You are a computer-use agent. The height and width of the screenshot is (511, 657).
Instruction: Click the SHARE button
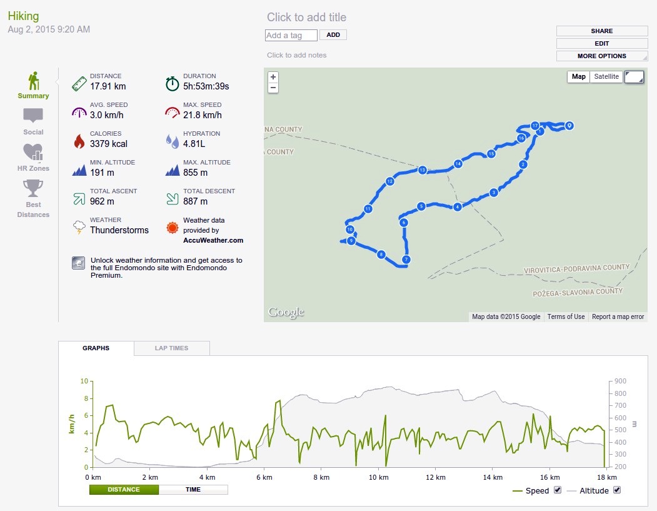tap(602, 31)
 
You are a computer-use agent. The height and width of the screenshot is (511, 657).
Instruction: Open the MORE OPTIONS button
tap(602, 56)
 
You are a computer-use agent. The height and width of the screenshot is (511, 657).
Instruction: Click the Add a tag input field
tap(291, 35)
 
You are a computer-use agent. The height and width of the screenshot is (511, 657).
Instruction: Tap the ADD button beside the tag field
tap(333, 35)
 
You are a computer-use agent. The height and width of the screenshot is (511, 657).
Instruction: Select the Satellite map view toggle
tap(606, 77)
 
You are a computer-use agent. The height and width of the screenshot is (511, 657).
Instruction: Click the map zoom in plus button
tap(273, 77)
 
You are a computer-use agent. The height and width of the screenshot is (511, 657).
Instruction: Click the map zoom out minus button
tap(273, 88)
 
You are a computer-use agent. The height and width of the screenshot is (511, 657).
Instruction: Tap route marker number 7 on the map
tap(406, 260)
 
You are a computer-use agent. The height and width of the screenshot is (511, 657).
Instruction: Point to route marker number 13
tap(423, 169)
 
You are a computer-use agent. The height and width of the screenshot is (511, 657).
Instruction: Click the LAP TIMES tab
tap(171, 348)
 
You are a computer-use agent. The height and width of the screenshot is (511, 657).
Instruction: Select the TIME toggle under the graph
tap(193, 490)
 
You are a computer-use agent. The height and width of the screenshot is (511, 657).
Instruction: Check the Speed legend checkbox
tap(557, 490)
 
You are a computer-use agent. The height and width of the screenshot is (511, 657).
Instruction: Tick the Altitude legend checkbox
tap(617, 490)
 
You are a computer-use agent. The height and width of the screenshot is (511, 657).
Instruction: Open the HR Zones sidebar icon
tap(33, 152)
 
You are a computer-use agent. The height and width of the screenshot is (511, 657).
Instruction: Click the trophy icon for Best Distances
tap(33, 188)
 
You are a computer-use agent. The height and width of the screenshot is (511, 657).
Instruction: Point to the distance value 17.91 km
tap(108, 86)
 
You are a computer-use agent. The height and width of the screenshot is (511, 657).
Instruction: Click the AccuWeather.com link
tap(213, 240)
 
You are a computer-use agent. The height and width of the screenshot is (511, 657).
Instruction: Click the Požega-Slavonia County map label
tap(578, 292)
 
